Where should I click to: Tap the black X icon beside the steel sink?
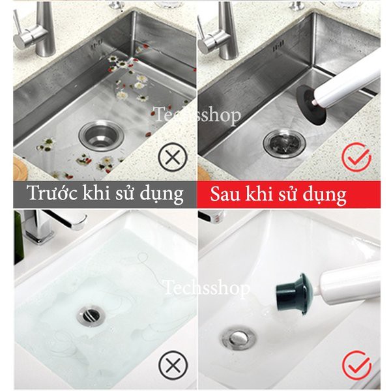173,157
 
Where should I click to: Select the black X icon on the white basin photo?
173,365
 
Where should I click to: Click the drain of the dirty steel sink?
101,136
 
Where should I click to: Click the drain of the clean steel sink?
285,143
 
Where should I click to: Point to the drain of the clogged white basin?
91,316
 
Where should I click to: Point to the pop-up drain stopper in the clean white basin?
239,338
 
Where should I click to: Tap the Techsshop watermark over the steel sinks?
197,115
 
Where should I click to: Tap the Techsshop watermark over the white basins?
207,288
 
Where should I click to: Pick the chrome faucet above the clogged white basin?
50,225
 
